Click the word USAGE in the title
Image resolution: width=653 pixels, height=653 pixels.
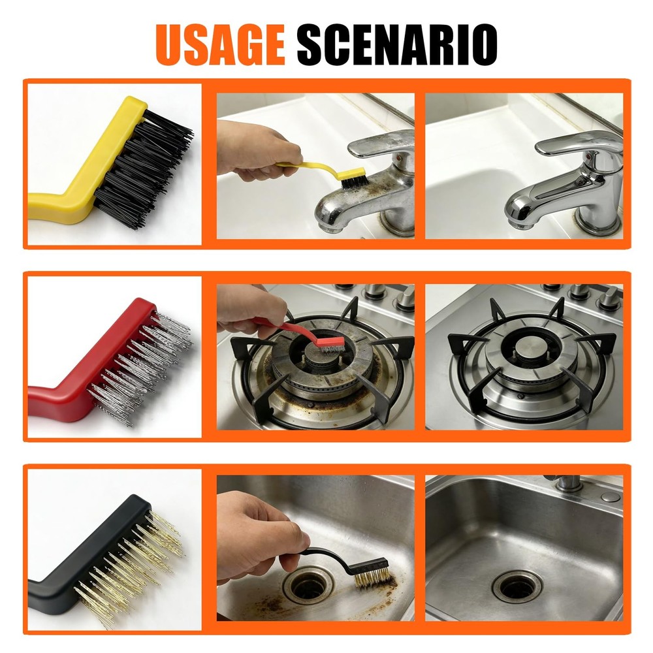click(x=221, y=44)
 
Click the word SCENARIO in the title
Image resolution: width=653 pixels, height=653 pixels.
click(x=397, y=44)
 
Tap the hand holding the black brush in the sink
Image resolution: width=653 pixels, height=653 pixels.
click(x=258, y=535)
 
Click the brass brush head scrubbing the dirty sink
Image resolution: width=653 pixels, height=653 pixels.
click(x=370, y=575)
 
